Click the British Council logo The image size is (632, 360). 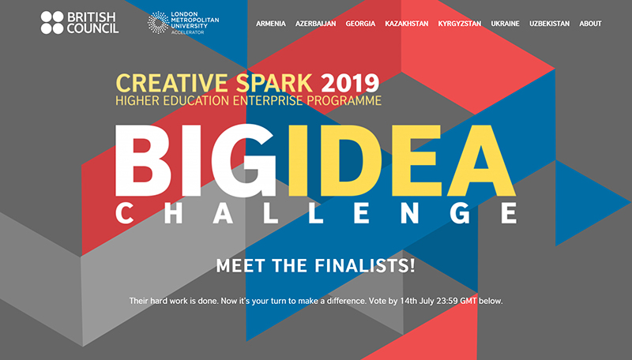coord(80,23)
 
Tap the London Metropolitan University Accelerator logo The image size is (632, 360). coord(183,23)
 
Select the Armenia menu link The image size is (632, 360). coord(271,24)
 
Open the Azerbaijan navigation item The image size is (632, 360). coord(315,24)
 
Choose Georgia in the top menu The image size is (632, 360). coord(360,24)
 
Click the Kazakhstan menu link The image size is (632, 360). coord(407,24)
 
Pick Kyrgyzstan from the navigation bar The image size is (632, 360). coord(460,24)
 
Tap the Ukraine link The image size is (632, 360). coord(505,24)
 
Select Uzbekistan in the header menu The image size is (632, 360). coord(549,24)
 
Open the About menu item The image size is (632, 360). coord(590,24)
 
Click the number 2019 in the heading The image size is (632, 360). coord(350,83)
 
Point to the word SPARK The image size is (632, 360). coord(274,83)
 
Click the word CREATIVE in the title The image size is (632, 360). coord(172,83)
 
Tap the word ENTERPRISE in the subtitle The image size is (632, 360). coord(268,101)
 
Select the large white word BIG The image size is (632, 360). coord(195,160)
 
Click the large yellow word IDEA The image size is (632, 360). coord(402,160)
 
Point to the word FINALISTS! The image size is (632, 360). coord(365,266)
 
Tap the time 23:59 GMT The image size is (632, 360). coord(459,301)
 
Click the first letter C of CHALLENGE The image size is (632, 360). coord(124,213)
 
